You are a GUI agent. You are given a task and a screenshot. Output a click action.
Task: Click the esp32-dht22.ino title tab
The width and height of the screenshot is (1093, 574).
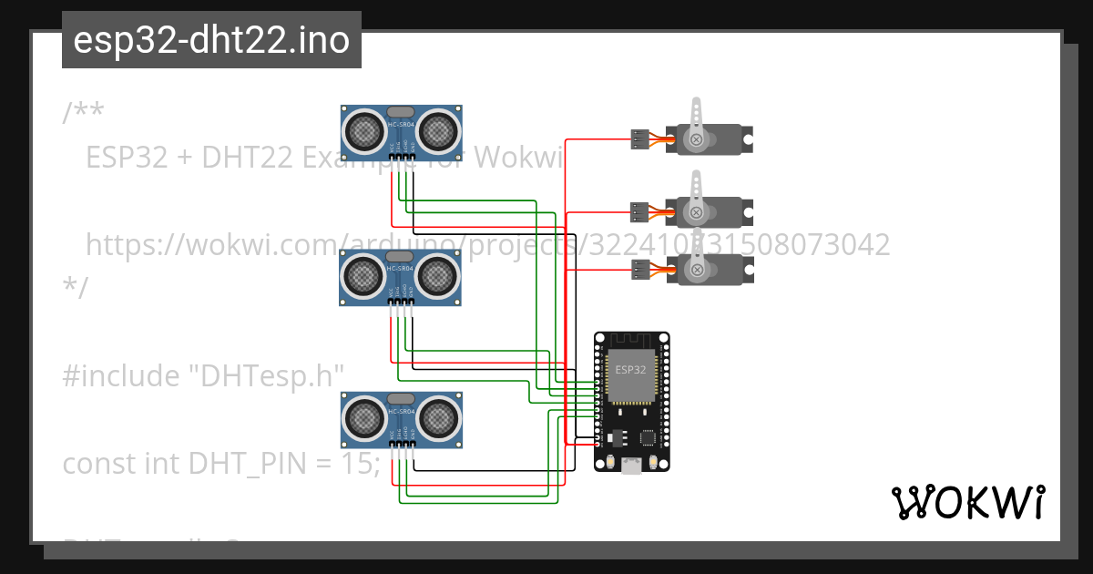tap(211, 40)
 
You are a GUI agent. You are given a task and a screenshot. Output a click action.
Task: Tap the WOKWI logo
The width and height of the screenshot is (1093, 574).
tap(967, 502)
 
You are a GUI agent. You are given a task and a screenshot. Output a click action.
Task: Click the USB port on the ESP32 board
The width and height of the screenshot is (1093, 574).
tap(630, 466)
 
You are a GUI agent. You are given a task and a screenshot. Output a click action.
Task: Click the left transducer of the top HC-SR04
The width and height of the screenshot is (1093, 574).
tap(365, 129)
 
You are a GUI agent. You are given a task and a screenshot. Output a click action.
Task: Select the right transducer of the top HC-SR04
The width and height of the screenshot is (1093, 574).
tap(437, 129)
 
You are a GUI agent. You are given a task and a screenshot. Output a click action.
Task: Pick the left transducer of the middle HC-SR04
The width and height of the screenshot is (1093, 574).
tap(365, 272)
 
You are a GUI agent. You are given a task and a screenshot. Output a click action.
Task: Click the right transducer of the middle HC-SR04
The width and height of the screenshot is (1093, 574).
tap(437, 272)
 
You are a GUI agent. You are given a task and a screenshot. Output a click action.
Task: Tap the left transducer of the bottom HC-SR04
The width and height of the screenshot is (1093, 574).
tap(365, 417)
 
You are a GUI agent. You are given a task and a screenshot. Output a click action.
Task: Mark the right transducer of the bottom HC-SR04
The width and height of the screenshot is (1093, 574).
tap(437, 417)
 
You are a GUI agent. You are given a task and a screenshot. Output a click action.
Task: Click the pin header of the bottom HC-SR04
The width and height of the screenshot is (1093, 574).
tap(402, 444)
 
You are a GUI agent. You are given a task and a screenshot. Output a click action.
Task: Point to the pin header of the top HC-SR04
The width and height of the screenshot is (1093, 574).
tap(402, 157)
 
